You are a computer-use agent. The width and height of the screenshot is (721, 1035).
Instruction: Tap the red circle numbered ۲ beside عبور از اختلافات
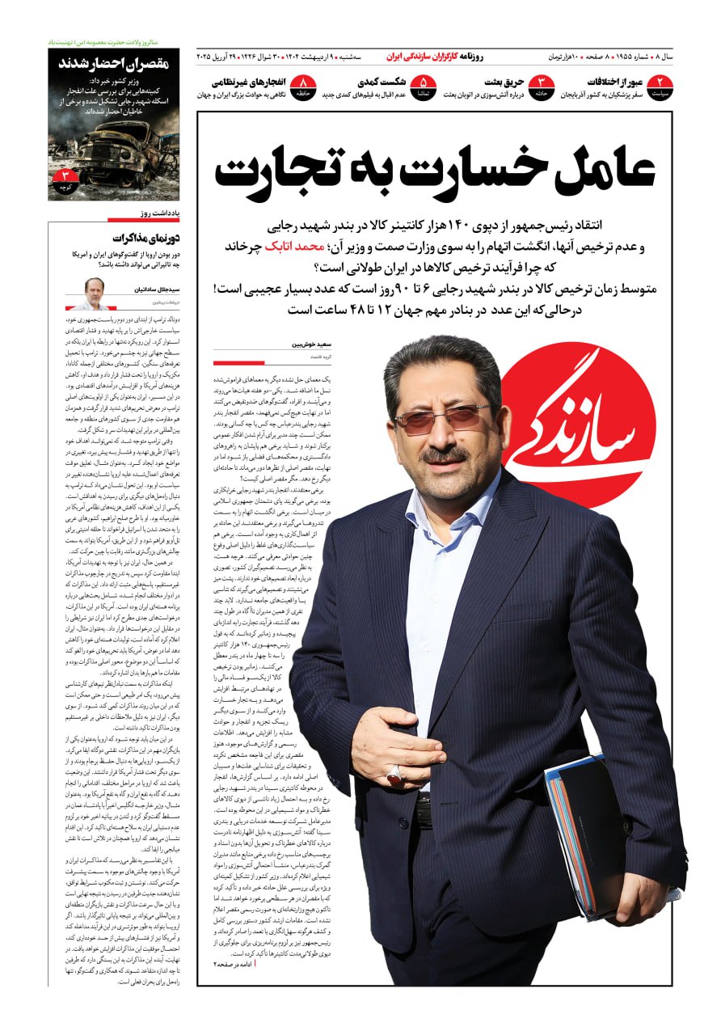coord(661,87)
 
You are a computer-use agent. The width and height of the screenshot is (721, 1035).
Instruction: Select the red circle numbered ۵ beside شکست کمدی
coord(423,87)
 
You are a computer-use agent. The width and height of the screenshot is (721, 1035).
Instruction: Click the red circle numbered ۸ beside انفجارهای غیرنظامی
coord(304,87)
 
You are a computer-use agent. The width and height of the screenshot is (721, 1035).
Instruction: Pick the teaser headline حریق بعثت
coord(504,82)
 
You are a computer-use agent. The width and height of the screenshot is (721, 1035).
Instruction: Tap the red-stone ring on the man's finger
coord(394,775)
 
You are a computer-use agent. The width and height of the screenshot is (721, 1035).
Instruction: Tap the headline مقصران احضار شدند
coord(112,64)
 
